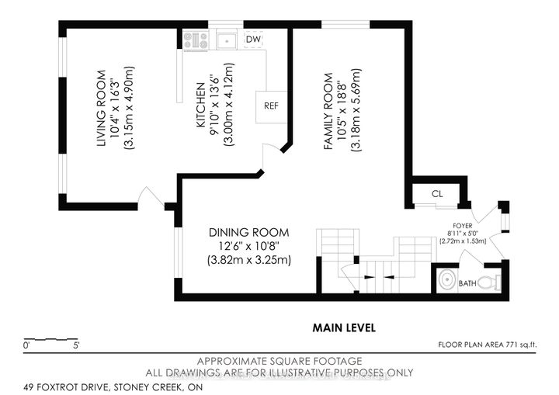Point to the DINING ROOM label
[249, 232]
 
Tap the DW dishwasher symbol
[253, 39]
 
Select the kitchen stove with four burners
[195, 39]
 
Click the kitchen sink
[227, 39]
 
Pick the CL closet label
[436, 193]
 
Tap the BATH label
[467, 284]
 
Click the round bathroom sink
[448, 281]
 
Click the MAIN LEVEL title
[344, 327]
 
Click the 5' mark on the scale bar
[75, 343]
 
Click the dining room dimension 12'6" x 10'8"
[249, 246]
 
